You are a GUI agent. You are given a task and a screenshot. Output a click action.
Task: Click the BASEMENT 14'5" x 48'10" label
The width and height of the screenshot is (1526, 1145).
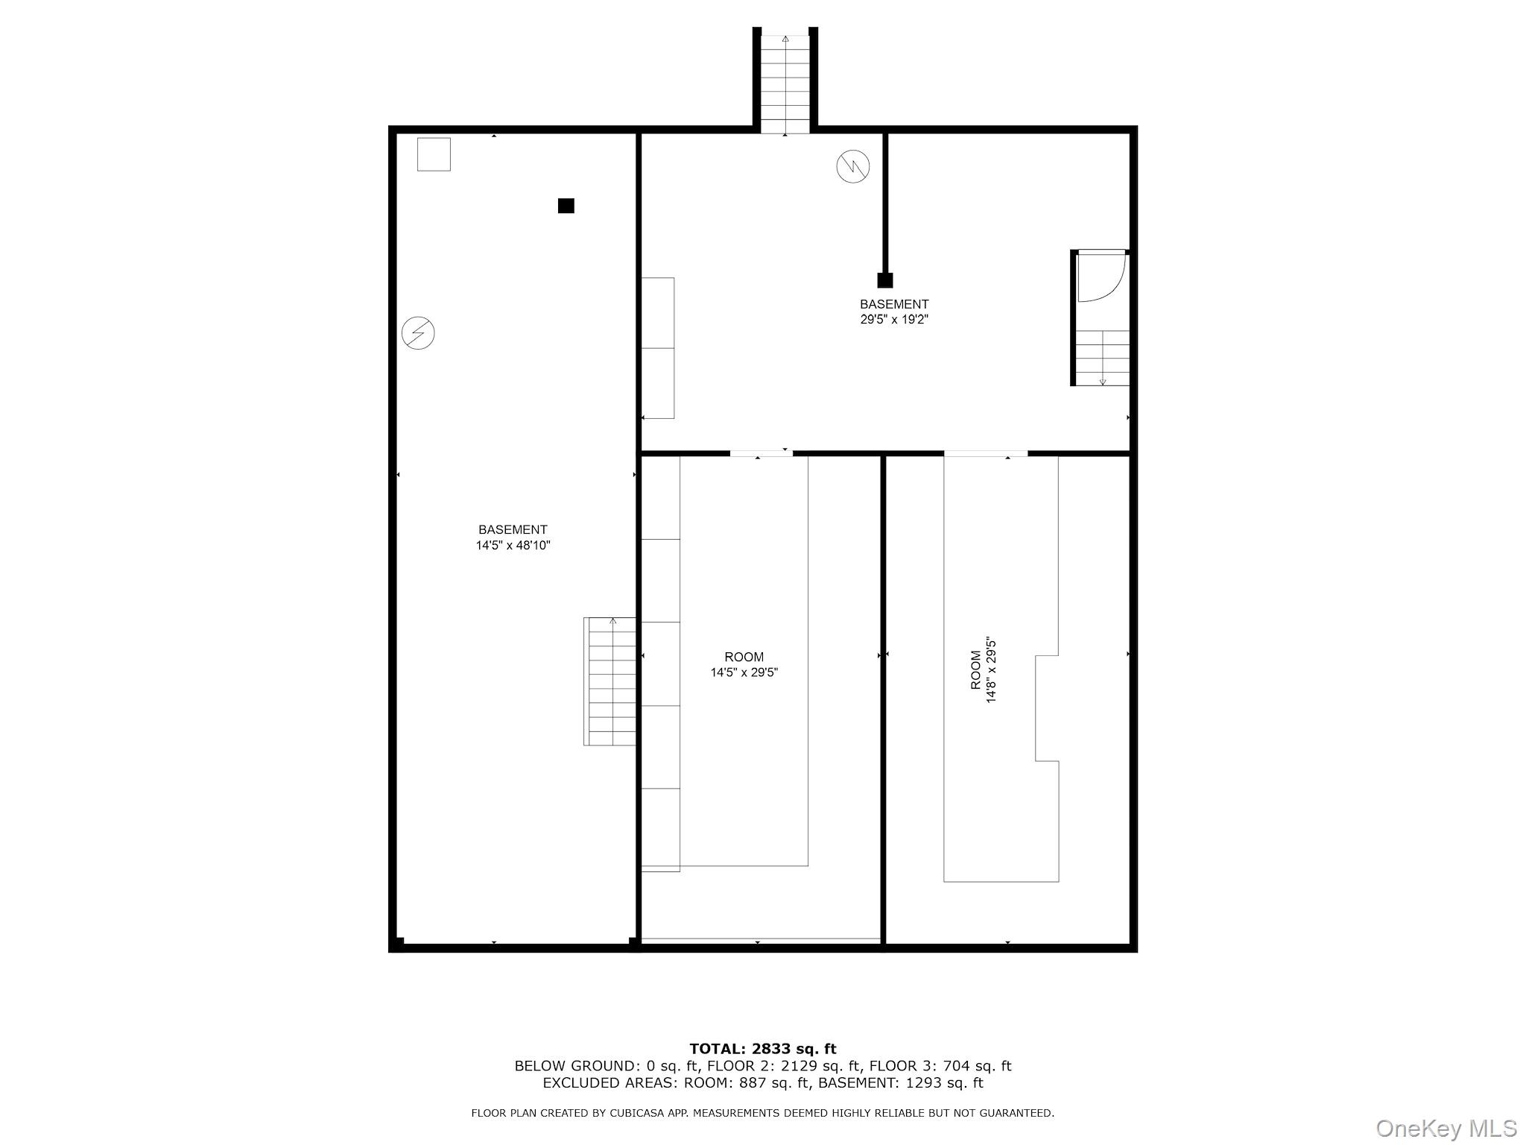(513, 537)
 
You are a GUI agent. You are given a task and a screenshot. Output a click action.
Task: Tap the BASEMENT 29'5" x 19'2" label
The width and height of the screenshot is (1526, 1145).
(894, 312)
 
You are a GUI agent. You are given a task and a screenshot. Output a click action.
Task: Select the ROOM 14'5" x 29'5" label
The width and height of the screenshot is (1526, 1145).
(744, 664)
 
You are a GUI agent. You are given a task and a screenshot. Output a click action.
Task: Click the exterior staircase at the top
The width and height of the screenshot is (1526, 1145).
(785, 82)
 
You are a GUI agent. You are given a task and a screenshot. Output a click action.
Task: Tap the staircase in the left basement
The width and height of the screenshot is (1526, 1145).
(610, 681)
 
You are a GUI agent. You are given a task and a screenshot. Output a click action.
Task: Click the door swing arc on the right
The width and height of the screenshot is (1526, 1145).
(1101, 277)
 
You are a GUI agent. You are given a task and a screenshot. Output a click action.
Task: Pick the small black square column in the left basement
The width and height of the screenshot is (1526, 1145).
(566, 206)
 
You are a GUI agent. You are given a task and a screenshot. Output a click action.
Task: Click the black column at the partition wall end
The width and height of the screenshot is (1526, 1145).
(885, 280)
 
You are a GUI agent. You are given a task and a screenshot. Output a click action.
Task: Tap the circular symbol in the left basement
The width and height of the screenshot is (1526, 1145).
(418, 332)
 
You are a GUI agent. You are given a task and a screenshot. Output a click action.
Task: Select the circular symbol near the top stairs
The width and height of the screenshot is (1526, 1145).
(853, 166)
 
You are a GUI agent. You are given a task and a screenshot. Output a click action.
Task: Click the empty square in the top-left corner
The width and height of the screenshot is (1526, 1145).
(434, 154)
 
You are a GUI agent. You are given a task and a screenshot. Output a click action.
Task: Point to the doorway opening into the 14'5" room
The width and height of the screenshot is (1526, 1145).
(761, 452)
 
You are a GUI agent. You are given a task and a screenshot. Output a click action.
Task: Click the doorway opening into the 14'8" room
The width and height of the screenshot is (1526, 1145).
(985, 453)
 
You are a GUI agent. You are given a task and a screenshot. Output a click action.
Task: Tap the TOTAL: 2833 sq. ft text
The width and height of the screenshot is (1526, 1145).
(762, 1049)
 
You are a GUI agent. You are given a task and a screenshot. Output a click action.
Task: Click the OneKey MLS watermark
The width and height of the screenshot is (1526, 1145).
(1446, 1128)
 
